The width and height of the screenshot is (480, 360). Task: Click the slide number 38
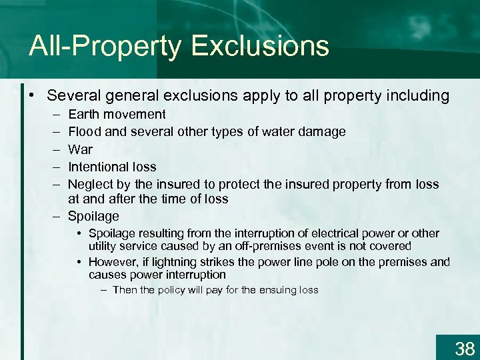tap(464, 348)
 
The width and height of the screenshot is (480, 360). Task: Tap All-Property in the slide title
tap(105, 47)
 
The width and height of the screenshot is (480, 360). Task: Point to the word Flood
tap(85, 131)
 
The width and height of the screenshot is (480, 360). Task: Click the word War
tap(80, 149)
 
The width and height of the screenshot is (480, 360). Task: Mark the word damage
tap(323, 131)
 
